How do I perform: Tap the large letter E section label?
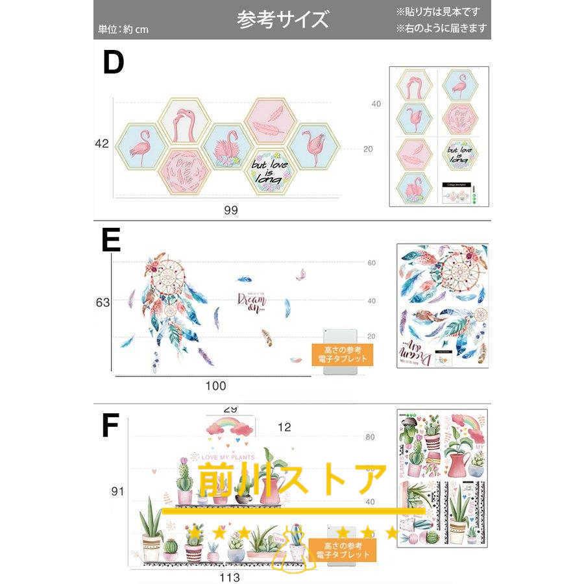point(111,240)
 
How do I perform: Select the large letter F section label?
point(110,426)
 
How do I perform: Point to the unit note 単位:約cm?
point(123,29)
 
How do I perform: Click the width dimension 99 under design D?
point(230,211)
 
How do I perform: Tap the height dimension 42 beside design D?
point(101,144)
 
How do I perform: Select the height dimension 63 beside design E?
point(102,302)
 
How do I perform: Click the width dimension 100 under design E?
point(215,386)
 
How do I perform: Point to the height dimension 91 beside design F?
point(117,491)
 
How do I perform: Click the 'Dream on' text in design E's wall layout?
point(252,302)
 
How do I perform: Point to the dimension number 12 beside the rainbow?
point(284,427)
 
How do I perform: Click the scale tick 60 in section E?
point(372,263)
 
